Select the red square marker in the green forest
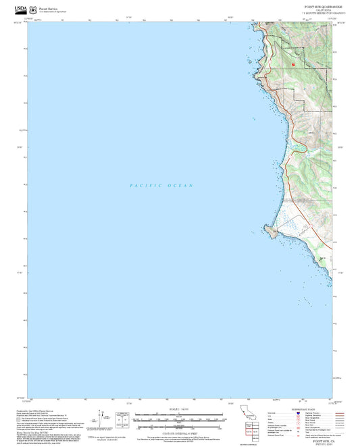coord(294,64)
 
